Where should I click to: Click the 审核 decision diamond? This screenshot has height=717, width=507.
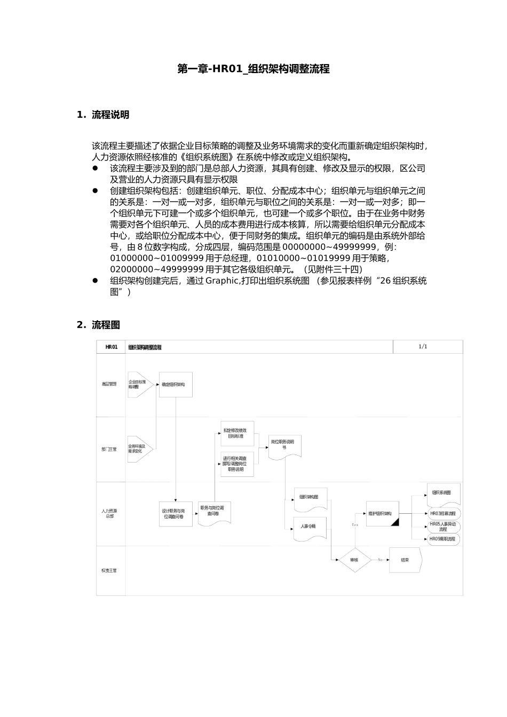click(x=354, y=560)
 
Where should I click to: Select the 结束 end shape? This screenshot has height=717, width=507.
click(x=405, y=560)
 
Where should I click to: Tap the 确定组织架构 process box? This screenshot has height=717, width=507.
click(x=175, y=384)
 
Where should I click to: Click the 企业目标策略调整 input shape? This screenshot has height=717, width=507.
click(x=138, y=384)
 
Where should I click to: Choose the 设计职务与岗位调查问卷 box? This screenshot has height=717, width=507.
click(x=176, y=513)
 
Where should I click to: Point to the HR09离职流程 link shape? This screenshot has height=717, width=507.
click(x=443, y=539)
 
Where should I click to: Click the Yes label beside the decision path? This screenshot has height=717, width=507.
click(x=355, y=525)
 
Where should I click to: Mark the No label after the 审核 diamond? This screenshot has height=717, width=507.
click(x=381, y=560)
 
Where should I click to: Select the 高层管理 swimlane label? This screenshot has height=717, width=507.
click(x=109, y=384)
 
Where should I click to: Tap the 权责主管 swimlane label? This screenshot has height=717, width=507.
click(x=109, y=570)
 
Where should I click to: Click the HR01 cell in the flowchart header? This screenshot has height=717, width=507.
click(x=111, y=347)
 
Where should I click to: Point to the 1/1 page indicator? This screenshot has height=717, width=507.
click(x=423, y=346)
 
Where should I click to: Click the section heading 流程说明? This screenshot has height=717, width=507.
click(x=110, y=115)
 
